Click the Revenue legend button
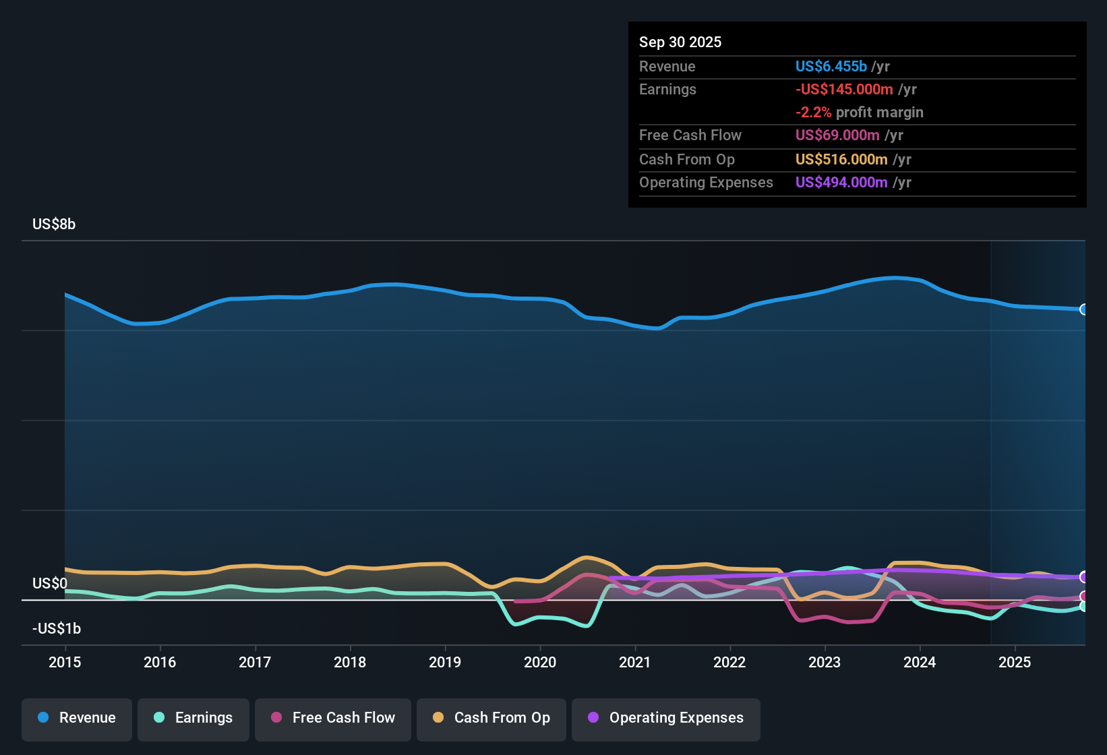(77, 718)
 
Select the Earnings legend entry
(193, 718)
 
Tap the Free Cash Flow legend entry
(333, 718)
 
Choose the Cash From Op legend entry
(491, 718)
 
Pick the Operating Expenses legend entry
(666, 718)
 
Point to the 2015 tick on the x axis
(65, 662)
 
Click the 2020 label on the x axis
(540, 662)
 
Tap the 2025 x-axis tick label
(1015, 662)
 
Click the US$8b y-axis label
(54, 224)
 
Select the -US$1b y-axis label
(57, 629)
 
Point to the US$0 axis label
(50, 584)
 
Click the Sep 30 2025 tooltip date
(680, 42)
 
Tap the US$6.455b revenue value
(831, 67)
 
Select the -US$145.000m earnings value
(844, 90)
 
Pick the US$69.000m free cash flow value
(837, 135)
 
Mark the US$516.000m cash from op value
(841, 160)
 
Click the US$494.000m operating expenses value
(841, 183)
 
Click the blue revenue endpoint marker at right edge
(1083, 309)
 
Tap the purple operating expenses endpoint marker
(1083, 577)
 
